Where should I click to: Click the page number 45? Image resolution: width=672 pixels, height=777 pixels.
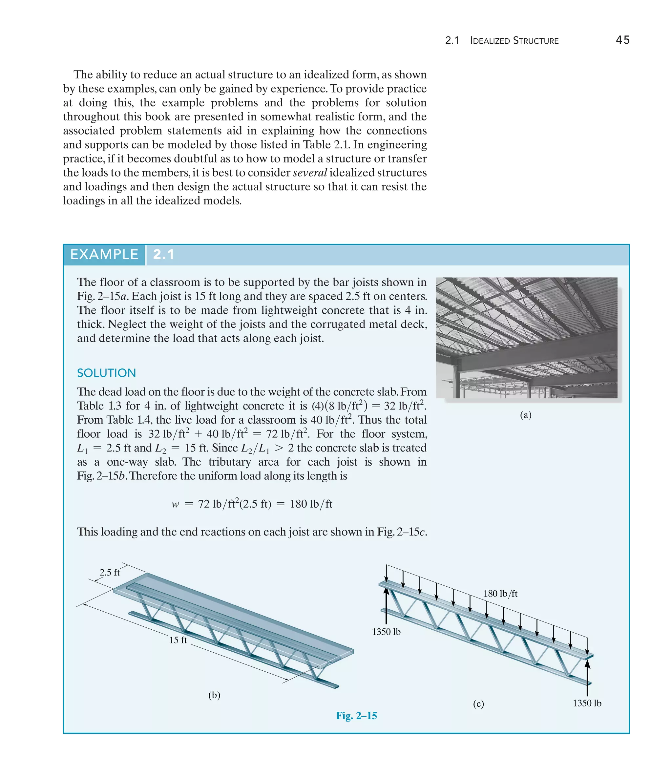[622, 40]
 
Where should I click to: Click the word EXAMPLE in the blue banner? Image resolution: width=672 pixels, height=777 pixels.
[104, 255]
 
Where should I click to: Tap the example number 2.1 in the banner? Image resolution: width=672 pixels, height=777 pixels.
[163, 255]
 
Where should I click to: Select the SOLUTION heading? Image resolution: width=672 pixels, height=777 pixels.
[107, 373]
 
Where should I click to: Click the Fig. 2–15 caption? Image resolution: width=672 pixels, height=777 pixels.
[356, 716]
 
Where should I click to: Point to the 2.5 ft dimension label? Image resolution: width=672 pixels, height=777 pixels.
[110, 572]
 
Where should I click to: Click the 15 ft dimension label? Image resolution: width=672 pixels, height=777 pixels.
[178, 640]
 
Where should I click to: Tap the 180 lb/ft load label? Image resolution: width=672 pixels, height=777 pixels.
[500, 593]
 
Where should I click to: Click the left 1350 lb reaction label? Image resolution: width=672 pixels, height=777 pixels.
[386, 632]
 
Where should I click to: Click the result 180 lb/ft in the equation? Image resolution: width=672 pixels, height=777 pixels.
[311, 504]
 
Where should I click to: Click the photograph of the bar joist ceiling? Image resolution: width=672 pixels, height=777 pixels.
[527, 338]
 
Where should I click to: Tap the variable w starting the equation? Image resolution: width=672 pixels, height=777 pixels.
[175, 504]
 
